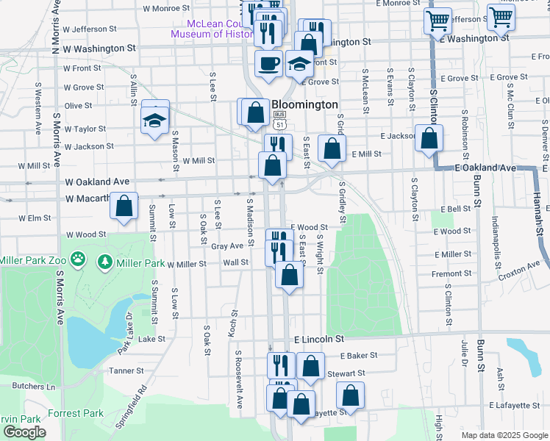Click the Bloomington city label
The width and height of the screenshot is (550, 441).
[304, 105]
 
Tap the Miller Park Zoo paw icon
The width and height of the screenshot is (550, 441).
[80, 260]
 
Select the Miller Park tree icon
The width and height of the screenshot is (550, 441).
[105, 261]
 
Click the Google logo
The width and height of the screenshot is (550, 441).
[24, 432]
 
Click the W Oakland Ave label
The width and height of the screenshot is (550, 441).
[97, 182]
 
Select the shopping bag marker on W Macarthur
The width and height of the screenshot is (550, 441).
[124, 206]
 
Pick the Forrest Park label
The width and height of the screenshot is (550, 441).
[76, 413]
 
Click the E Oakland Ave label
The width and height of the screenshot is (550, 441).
[485, 168]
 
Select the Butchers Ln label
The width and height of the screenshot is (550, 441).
[31, 386]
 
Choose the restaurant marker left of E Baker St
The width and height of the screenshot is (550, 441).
[280, 365]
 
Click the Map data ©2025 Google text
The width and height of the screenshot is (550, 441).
[504, 435]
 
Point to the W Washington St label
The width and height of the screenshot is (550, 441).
[99, 48]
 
